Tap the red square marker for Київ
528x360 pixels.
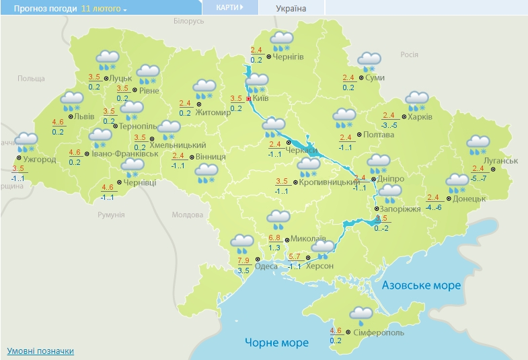(249, 98)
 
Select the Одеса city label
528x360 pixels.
(266, 266)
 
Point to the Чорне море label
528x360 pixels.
(276, 343)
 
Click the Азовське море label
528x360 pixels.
(421, 285)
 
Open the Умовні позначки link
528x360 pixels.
(40, 351)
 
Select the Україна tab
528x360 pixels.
(291, 9)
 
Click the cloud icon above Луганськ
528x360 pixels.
(478, 143)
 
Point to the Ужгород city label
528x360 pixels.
(40, 159)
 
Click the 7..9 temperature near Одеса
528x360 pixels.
(243, 260)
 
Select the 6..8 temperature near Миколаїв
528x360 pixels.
(274, 238)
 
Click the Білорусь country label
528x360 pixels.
(188, 22)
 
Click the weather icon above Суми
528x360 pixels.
(369, 61)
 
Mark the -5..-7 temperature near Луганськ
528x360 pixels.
(478, 178)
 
